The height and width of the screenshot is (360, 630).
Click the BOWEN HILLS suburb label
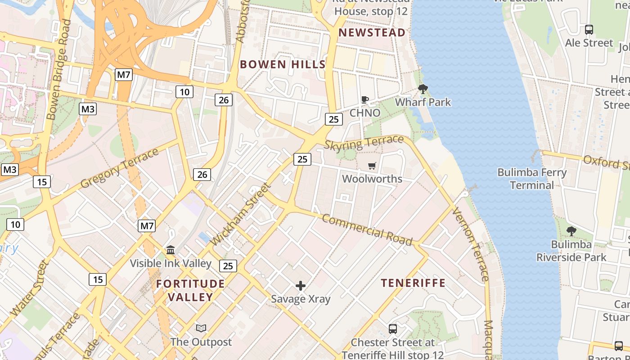coord(283,64)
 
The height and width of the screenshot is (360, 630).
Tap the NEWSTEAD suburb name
coord(372,32)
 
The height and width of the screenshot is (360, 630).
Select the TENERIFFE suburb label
coord(413,283)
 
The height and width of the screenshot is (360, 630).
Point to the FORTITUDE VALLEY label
coord(190,290)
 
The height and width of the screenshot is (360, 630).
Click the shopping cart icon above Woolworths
coord(372,166)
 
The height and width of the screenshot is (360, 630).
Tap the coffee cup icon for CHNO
coord(365,99)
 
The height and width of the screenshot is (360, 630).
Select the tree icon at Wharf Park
coord(423,89)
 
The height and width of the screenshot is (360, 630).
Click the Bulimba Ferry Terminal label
coord(531,179)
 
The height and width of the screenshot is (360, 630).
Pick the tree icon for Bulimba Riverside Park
coord(571,231)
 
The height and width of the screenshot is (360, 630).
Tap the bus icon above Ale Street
coord(589,30)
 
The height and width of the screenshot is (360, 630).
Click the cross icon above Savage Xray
coord(301,286)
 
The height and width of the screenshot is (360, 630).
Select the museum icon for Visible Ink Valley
coord(171,250)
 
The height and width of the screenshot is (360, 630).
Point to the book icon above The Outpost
coord(201,328)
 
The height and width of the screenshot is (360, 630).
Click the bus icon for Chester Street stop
coord(392,329)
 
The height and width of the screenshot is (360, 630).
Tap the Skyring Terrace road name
coord(364,143)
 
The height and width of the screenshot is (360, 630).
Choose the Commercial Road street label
coord(367,230)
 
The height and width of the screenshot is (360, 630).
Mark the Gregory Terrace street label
coord(120,168)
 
